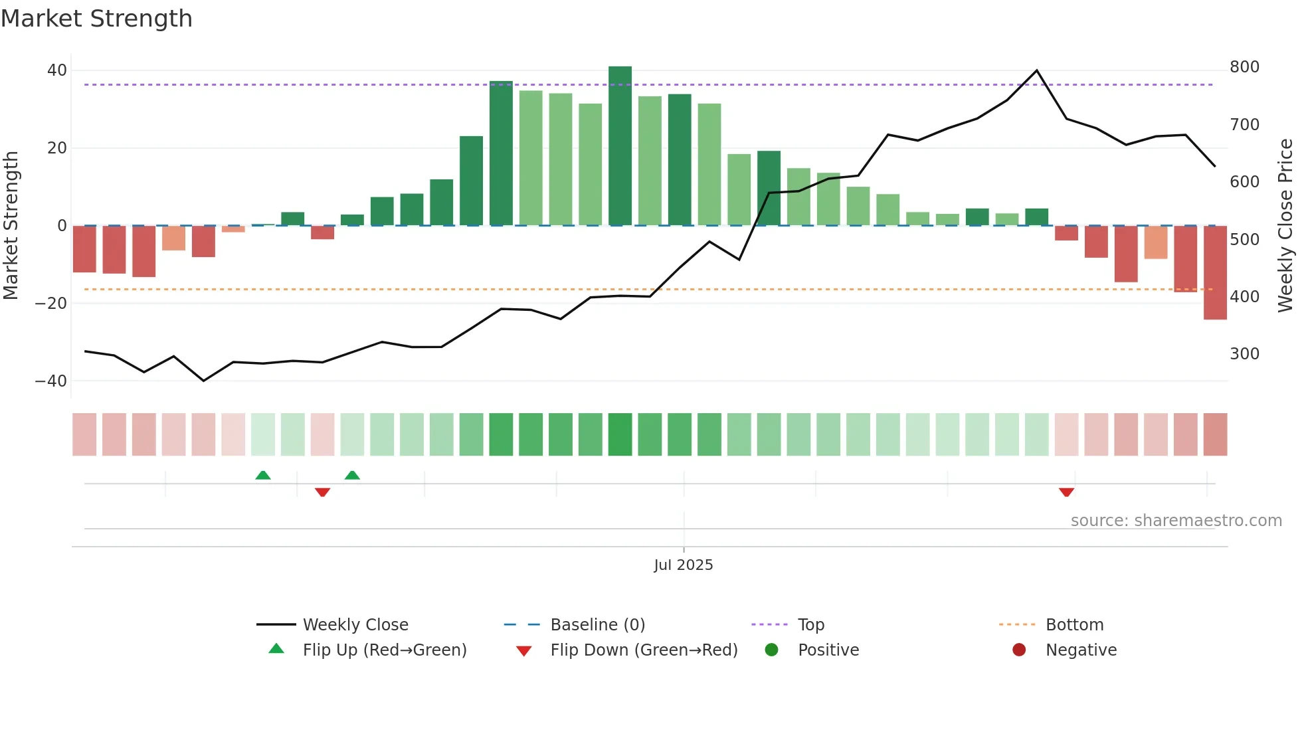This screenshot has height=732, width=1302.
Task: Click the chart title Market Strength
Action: pos(96,19)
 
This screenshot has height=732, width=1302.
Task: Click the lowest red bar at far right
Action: pos(1215,272)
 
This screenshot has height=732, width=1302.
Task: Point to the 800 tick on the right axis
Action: pos(1244,67)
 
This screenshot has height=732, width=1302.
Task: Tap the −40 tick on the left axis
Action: pos(51,381)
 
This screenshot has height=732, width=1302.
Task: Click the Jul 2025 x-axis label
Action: pos(683,565)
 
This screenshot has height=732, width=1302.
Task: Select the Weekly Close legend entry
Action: pos(355,625)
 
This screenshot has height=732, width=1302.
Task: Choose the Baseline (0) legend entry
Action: pos(597,625)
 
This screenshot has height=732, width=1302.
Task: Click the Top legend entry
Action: pos(810,625)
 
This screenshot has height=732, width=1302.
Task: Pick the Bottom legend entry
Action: pos(1074,625)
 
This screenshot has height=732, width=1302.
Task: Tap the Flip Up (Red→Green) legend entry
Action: pos(384,650)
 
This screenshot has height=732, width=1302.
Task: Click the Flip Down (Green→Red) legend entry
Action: pos(644,650)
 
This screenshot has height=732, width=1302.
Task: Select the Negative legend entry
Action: pos(1081,650)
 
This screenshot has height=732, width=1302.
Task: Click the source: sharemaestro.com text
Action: pos(1176,521)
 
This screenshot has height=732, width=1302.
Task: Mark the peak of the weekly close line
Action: pos(1037,70)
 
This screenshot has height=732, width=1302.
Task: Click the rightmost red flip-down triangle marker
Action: pos(1066,492)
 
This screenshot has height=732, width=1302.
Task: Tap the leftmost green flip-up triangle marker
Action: pos(263,475)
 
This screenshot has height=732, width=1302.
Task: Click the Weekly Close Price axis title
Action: pos(1285,226)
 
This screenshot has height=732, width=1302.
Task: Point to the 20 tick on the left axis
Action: pos(57,148)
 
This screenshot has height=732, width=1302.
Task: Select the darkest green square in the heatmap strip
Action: pos(620,434)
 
